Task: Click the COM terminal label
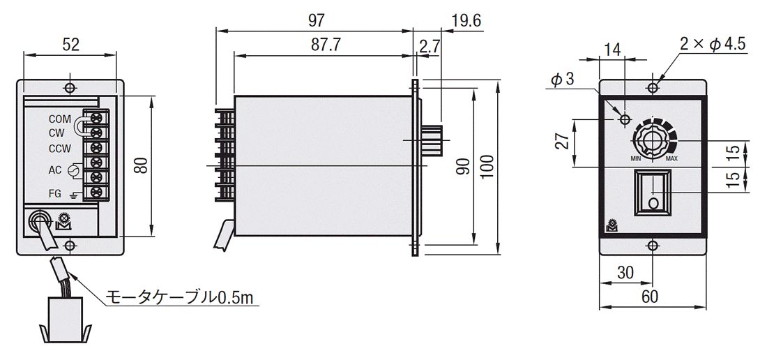click(60, 119)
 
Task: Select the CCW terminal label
click(60, 148)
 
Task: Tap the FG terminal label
click(55, 194)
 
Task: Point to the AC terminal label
click(55, 170)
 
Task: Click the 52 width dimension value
click(71, 45)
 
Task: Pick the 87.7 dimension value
click(326, 45)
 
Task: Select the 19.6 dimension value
click(466, 20)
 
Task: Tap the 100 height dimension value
click(487, 167)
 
